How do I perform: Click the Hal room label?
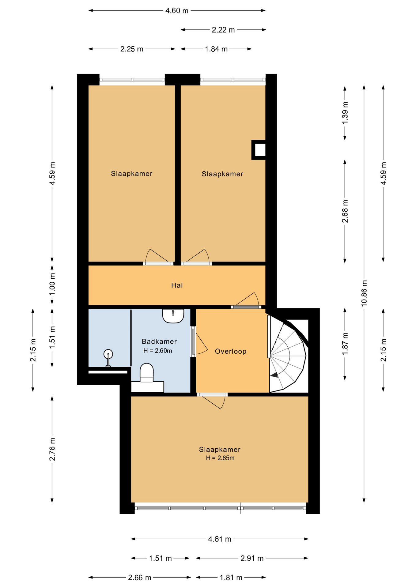pyautogui.click(x=177, y=285)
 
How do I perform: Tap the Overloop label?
pyautogui.click(x=231, y=351)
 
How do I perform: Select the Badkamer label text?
pyautogui.click(x=159, y=341)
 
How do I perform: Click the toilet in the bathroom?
pyautogui.click(x=146, y=372)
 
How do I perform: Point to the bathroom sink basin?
pyautogui.click(x=173, y=316)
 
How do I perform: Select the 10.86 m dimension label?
pyautogui.click(x=364, y=293)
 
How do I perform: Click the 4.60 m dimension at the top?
pyautogui.click(x=177, y=11)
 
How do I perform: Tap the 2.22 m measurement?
pyautogui.click(x=223, y=30)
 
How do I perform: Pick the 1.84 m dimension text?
pyautogui.click(x=216, y=49)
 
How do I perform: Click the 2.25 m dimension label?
pyautogui.click(x=132, y=49)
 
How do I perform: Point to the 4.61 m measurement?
pyautogui.click(x=220, y=539)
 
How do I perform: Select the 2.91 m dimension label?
pyautogui.click(x=252, y=558)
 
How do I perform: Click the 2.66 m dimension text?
pyautogui.click(x=140, y=578)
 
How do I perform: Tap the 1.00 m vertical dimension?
pyautogui.click(x=52, y=284)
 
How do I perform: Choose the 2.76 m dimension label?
pyautogui.click(x=52, y=449)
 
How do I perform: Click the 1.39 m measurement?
pyautogui.click(x=345, y=112)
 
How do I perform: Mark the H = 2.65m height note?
pyautogui.click(x=220, y=458)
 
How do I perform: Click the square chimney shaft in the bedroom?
pyautogui.click(x=259, y=150)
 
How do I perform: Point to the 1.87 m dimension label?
pyautogui.click(x=345, y=344)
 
